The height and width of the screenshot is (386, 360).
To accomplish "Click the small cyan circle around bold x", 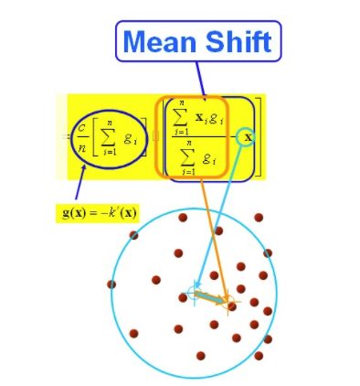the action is pyautogui.click(x=247, y=138).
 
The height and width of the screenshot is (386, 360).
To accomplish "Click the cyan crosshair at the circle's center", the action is pyautogui.click(x=193, y=293).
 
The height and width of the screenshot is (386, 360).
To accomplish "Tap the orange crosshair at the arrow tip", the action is pyautogui.click(x=228, y=301).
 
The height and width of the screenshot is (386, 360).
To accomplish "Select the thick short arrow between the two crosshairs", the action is pyautogui.click(x=210, y=296).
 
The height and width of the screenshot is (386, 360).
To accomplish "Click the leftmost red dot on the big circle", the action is pyautogui.click(x=111, y=284).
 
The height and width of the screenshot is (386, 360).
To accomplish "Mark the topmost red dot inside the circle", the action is pyautogui.click(x=184, y=218).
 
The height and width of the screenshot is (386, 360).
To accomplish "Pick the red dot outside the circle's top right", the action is pyautogui.click(x=259, y=218).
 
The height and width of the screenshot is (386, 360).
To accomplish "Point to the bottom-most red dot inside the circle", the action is pyautogui.click(x=200, y=355).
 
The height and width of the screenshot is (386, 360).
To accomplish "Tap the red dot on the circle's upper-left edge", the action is pyautogui.click(x=134, y=235).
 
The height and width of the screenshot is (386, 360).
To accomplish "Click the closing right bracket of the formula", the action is pyautogui.click(x=261, y=137).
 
